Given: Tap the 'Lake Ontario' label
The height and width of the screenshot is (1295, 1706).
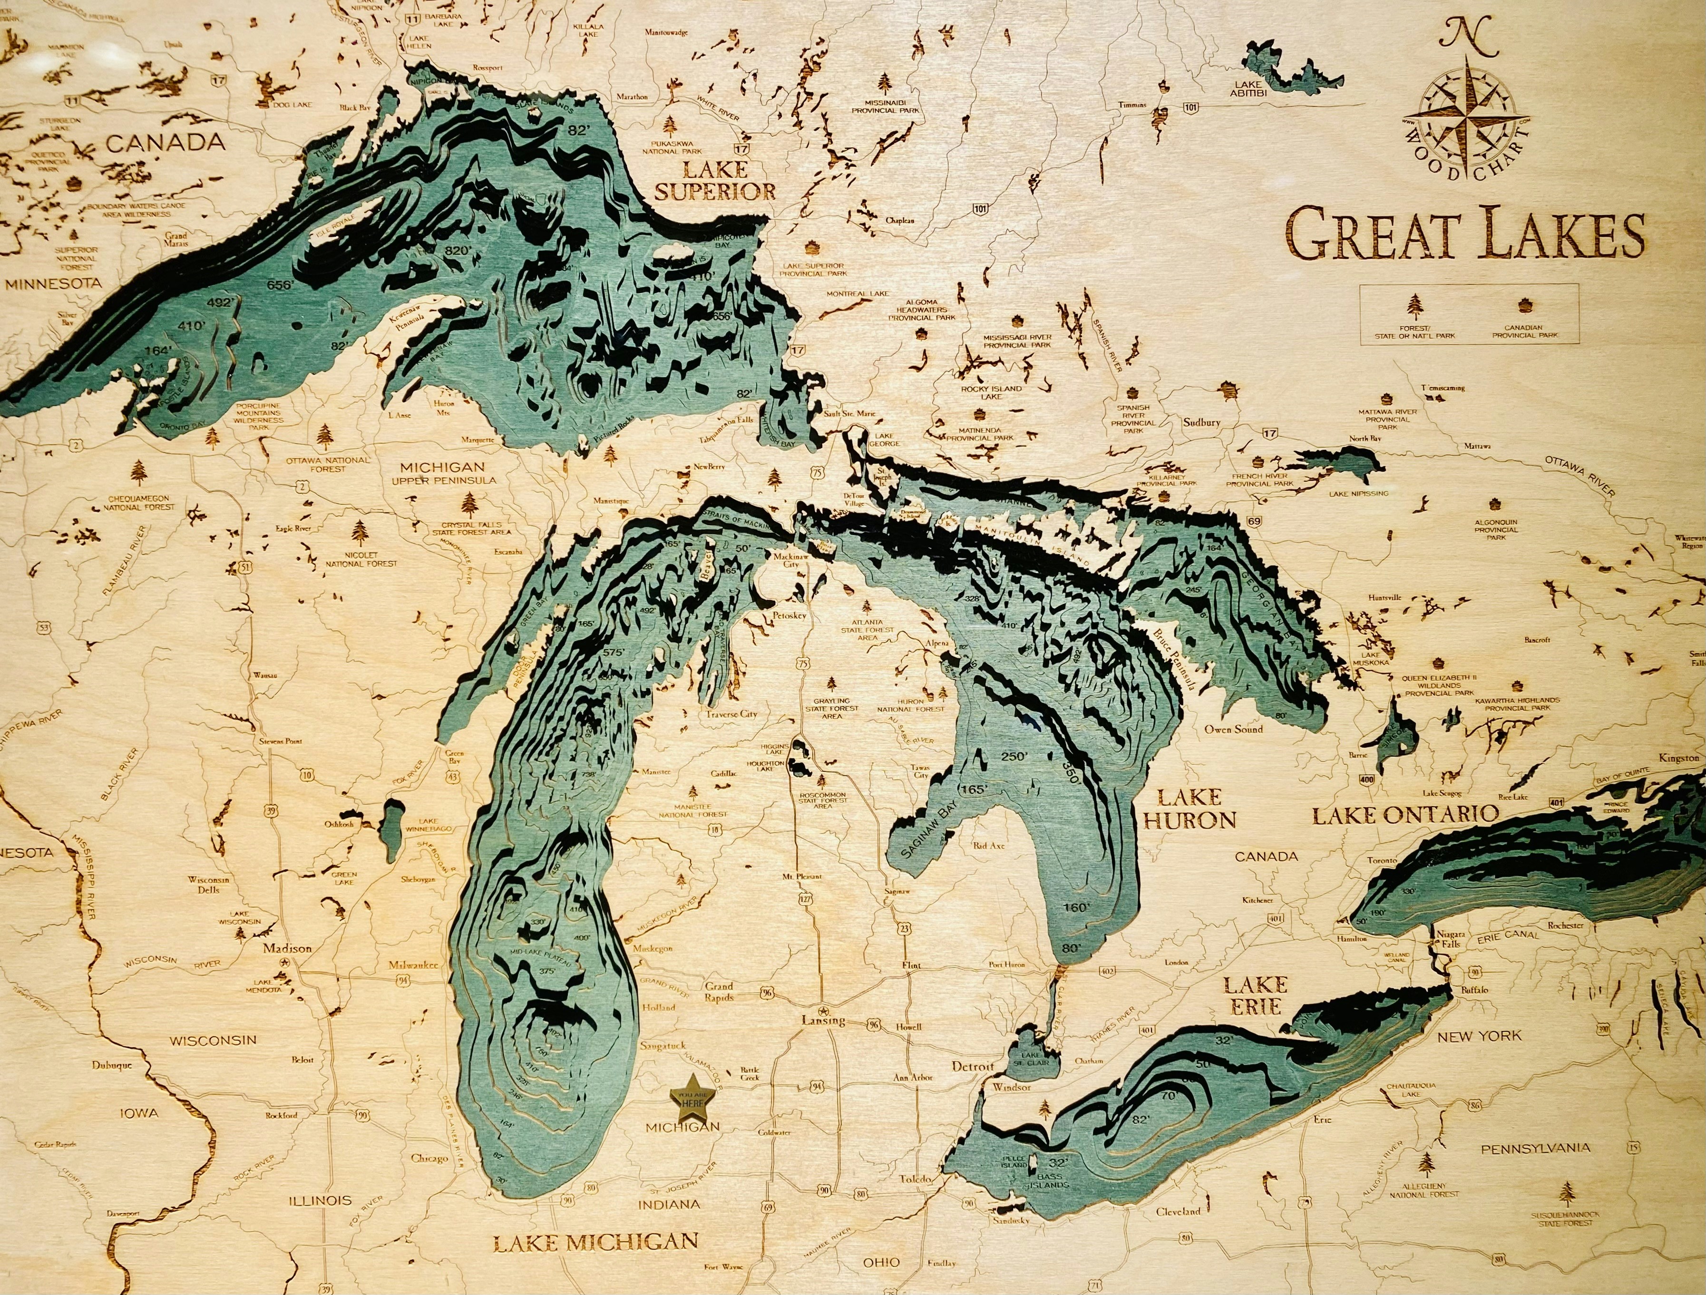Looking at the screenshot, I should (x=1405, y=814).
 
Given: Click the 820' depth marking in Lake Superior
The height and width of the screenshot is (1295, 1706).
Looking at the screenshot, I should (x=457, y=251).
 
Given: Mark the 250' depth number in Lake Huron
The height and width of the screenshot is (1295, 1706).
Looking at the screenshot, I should (x=1014, y=756).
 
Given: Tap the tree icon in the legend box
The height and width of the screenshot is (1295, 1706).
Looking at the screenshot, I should (x=1414, y=306).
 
